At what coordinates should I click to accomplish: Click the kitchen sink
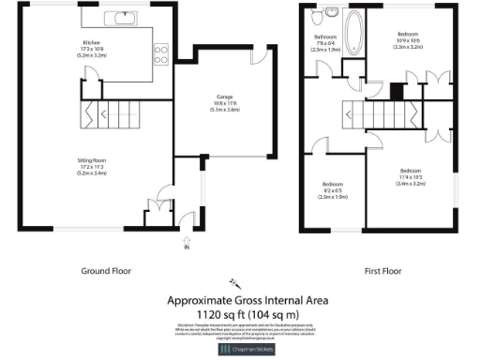(124, 17)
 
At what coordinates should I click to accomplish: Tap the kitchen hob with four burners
(159, 53)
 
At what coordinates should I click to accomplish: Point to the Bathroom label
(327, 41)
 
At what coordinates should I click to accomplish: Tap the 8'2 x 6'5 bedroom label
(333, 187)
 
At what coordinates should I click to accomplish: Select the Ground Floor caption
(107, 270)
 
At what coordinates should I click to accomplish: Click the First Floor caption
(383, 270)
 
